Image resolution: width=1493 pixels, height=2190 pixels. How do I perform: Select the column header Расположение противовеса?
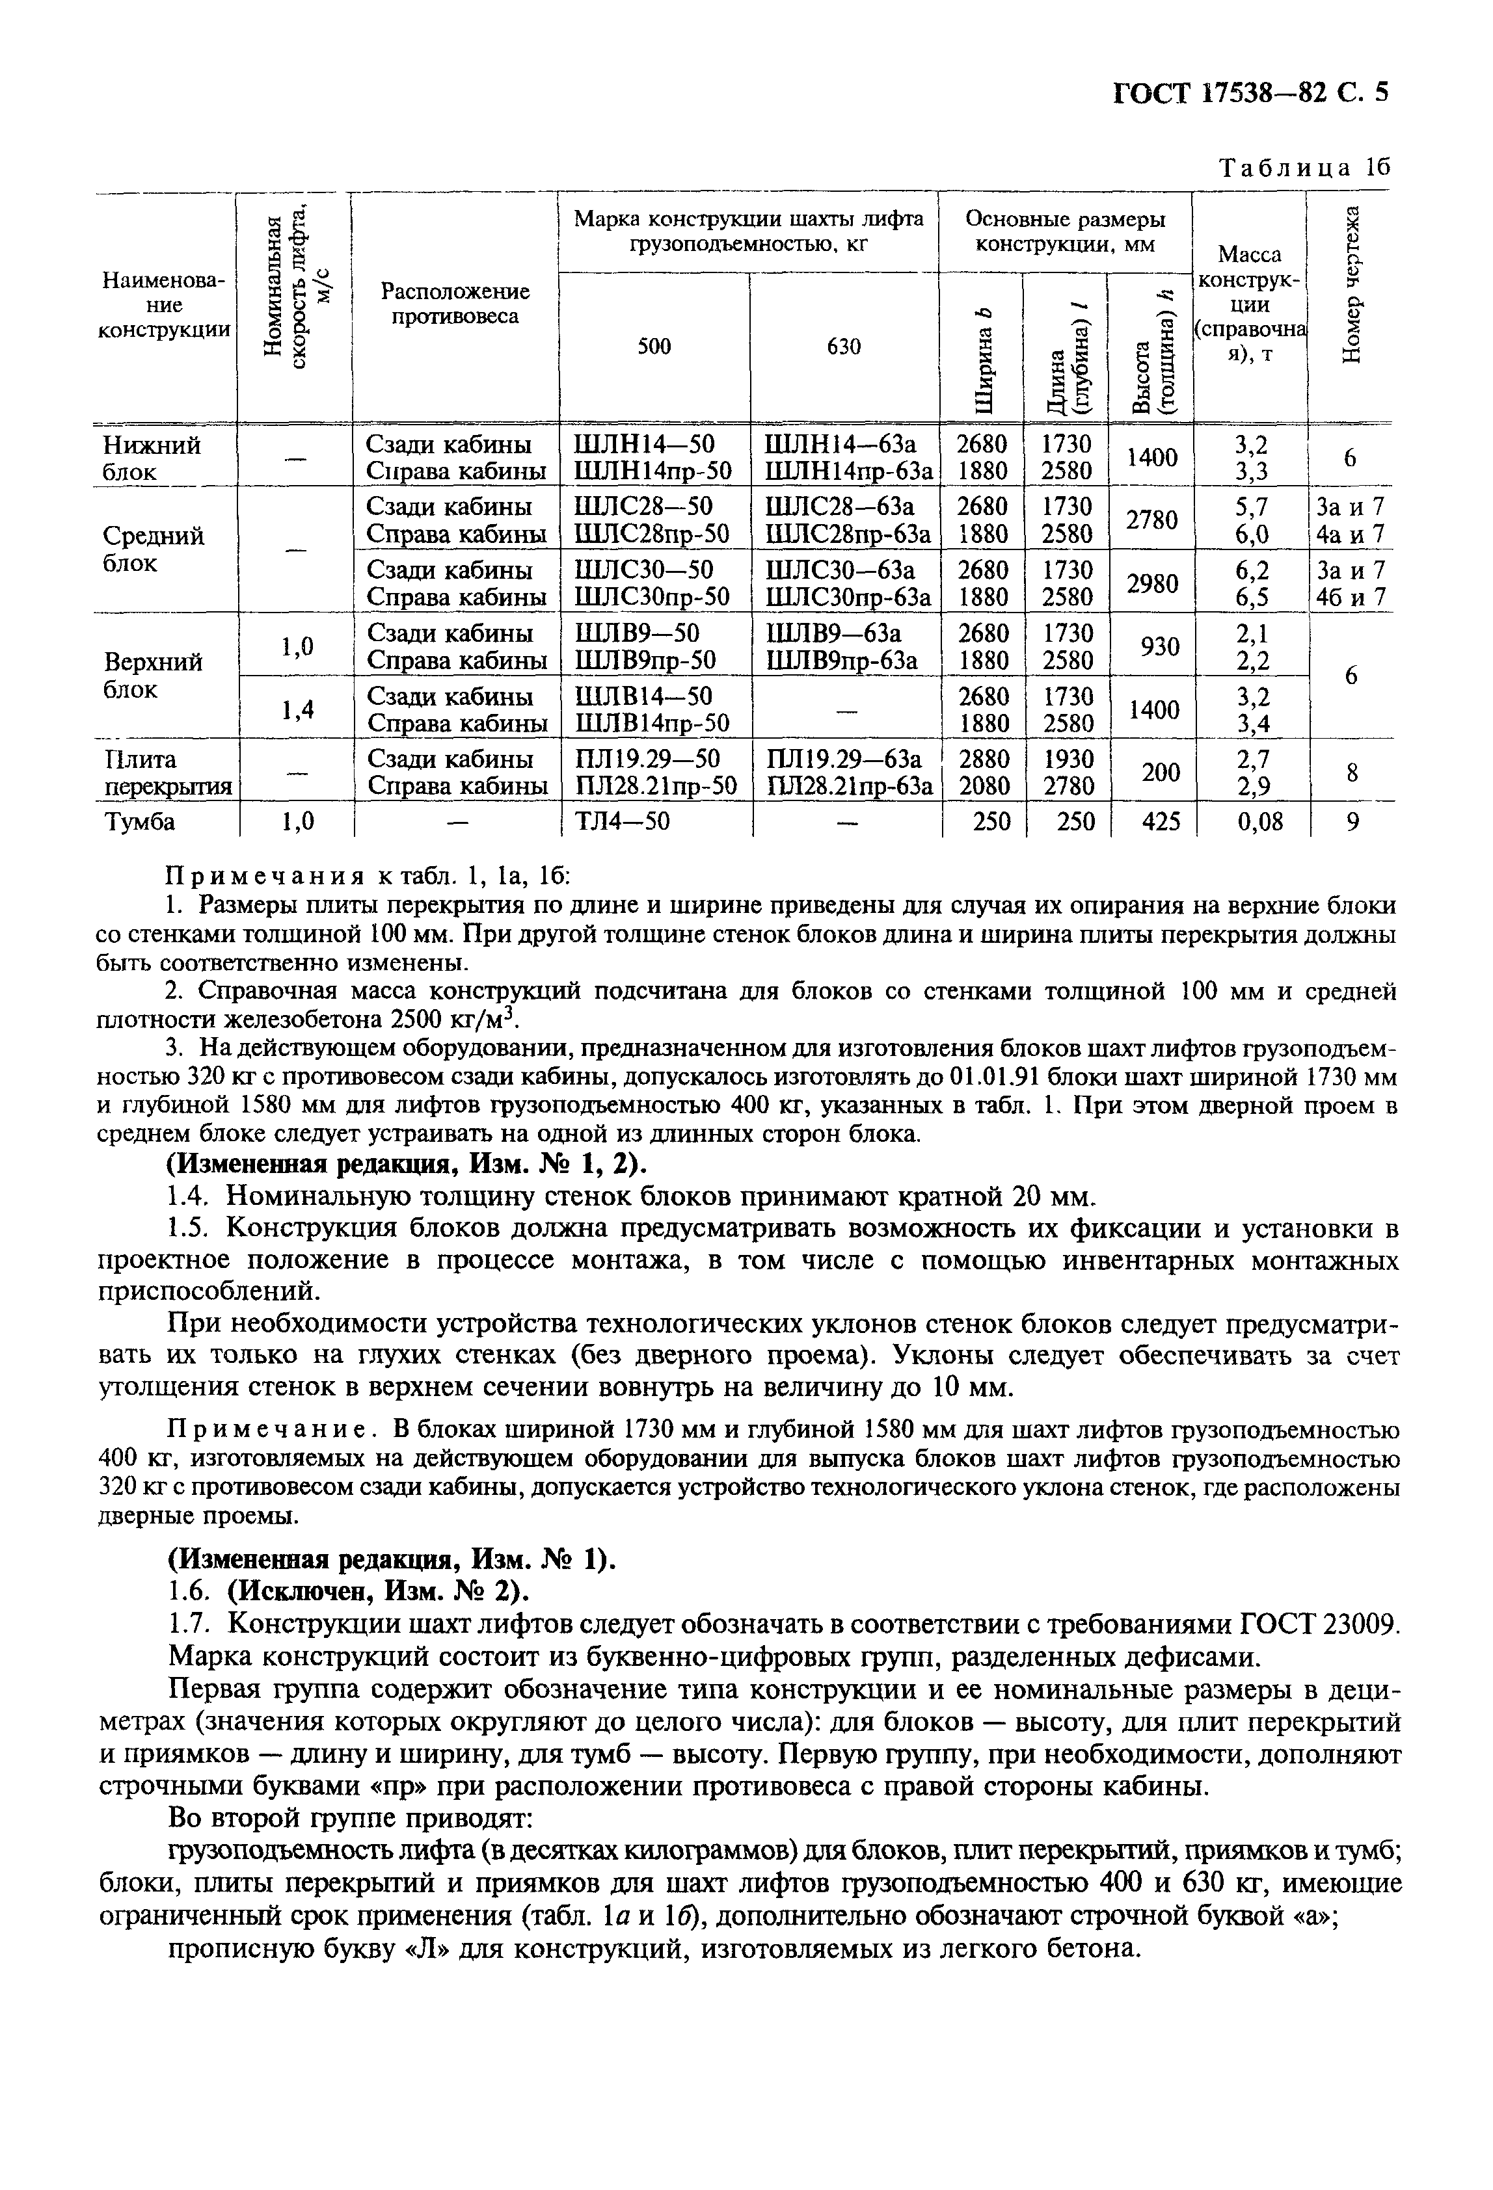tap(454, 304)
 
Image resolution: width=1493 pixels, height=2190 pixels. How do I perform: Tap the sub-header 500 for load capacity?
tap(654, 347)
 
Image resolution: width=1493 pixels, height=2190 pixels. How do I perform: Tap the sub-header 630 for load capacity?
tap(844, 347)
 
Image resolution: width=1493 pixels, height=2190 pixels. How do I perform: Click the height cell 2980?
tap(1152, 583)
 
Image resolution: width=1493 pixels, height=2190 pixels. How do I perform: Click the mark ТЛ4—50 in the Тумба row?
tap(621, 822)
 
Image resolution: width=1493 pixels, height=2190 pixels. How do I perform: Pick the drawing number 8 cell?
tap(1352, 772)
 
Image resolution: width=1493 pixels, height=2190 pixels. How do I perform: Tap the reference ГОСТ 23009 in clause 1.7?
tap(1319, 1624)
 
